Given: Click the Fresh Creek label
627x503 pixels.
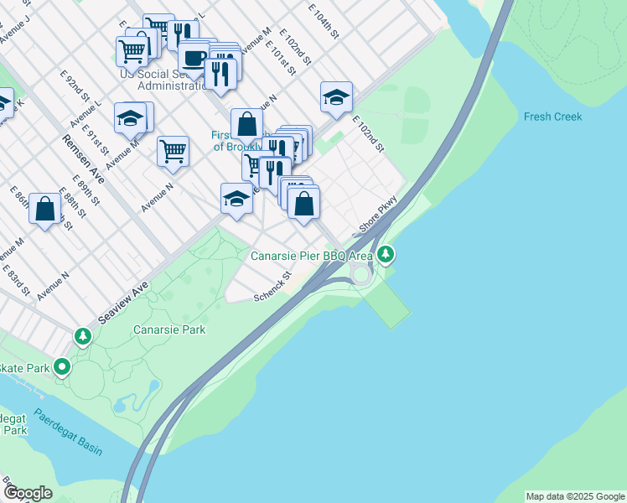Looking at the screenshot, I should pyautogui.click(x=553, y=117).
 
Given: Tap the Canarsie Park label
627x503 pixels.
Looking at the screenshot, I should pyautogui.click(x=169, y=329).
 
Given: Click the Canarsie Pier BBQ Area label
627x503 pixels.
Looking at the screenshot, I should pyautogui.click(x=313, y=253).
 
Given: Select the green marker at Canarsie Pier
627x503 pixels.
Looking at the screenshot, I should pyautogui.click(x=386, y=252).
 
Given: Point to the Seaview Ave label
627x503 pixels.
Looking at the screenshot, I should pyautogui.click(x=122, y=303).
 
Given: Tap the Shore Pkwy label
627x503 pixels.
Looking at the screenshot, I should pyautogui.click(x=376, y=216).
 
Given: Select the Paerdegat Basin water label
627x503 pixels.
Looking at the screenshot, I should pyautogui.click(x=68, y=432).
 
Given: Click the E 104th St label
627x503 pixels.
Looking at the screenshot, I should pyautogui.click(x=323, y=22).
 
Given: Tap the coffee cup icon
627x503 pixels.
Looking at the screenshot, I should pyautogui.click(x=194, y=59).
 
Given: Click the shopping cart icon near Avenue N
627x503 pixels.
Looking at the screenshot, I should pyautogui.click(x=173, y=152).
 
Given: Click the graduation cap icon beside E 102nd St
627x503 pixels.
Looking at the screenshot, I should pyautogui.click(x=336, y=96).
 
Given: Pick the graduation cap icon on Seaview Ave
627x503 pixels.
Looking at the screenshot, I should pyautogui.click(x=236, y=200).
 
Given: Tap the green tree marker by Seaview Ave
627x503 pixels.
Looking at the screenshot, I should pyautogui.click(x=83, y=337).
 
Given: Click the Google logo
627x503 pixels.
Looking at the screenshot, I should pyautogui.click(x=28, y=493).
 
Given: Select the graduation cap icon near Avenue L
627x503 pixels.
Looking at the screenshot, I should pyautogui.click(x=131, y=118).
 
